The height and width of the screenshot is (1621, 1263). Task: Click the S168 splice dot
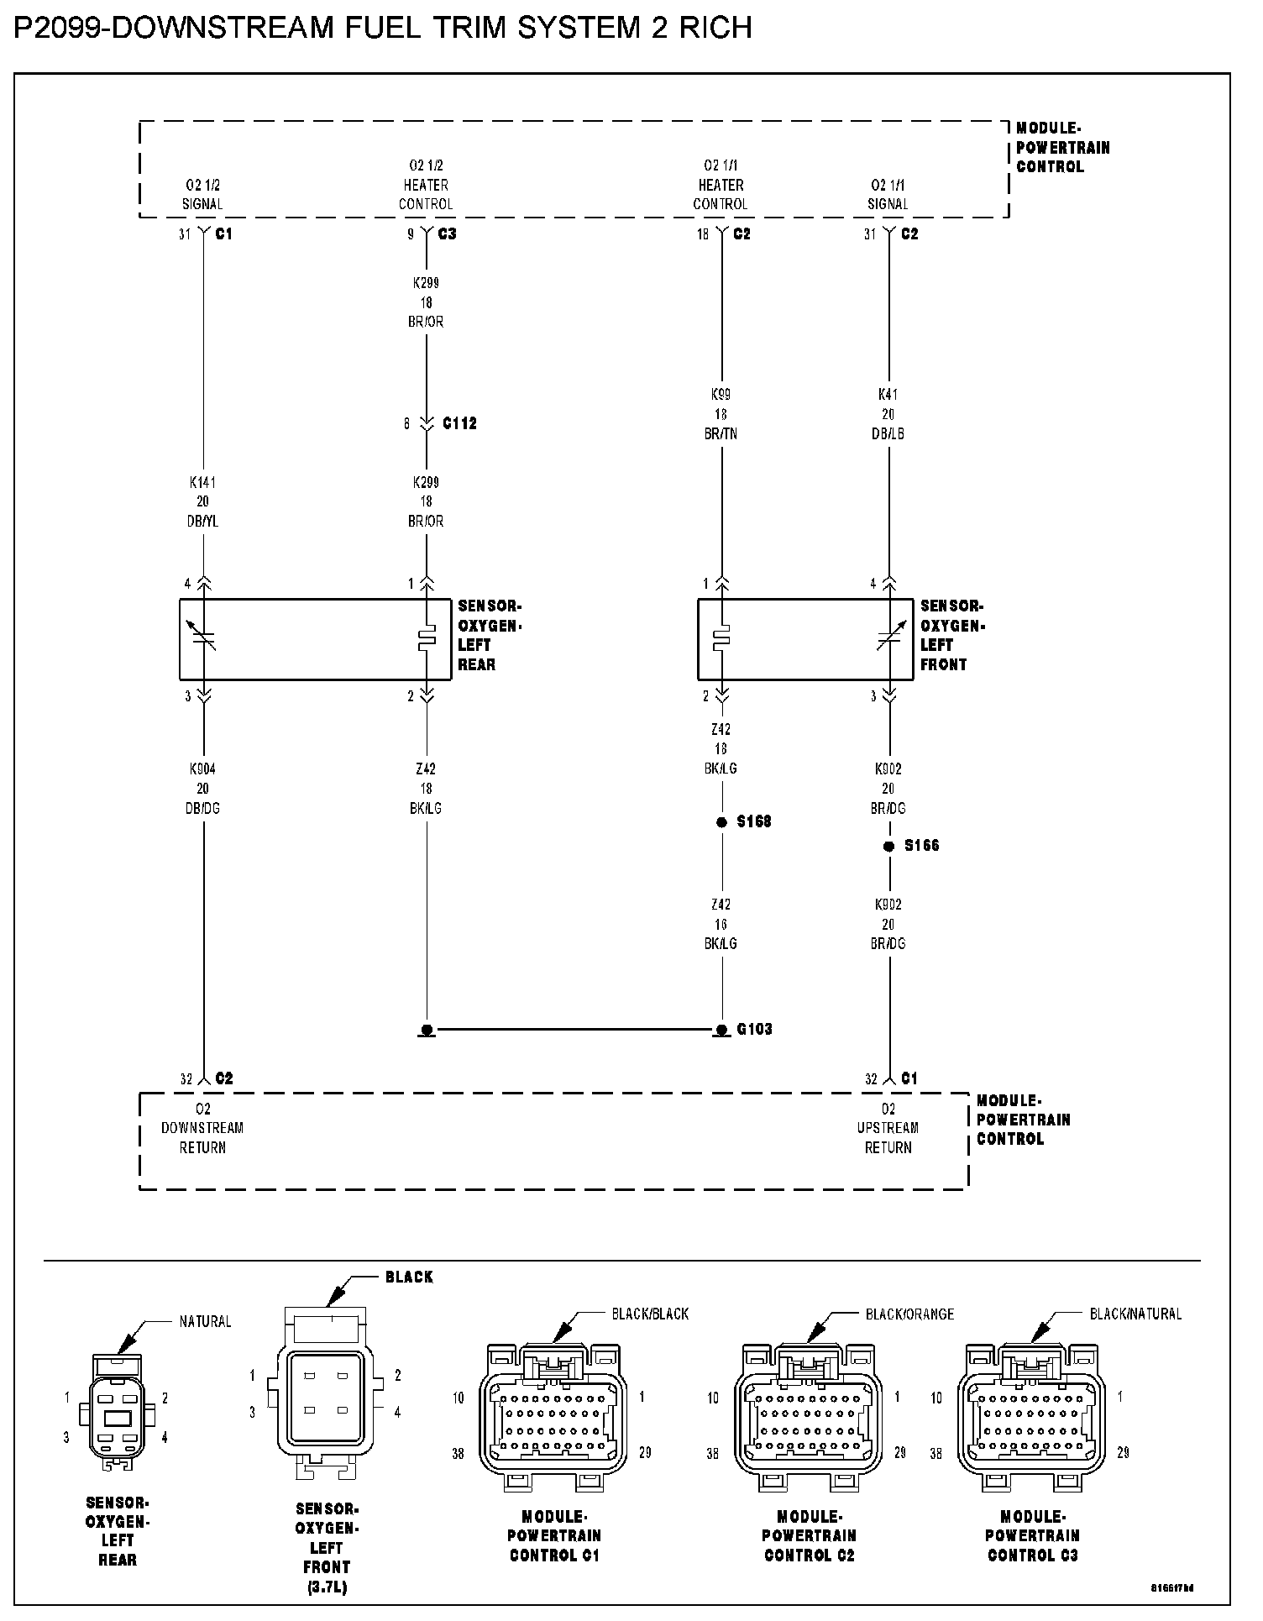(x=721, y=822)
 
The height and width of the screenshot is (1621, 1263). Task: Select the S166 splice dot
(x=888, y=847)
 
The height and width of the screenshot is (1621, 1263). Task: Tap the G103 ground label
(x=754, y=1029)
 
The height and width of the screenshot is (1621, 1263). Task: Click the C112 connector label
(x=459, y=423)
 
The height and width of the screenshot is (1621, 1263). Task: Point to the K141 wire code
(x=202, y=483)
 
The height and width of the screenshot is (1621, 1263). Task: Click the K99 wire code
(x=721, y=394)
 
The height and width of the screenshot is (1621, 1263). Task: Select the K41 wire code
(x=888, y=394)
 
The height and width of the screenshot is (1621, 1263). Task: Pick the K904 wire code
(x=202, y=769)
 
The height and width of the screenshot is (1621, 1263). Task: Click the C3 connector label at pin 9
(x=447, y=233)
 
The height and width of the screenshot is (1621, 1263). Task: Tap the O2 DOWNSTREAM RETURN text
(x=202, y=1128)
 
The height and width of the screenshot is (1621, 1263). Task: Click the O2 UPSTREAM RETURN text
(x=888, y=1128)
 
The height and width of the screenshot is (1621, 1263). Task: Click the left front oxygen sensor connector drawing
(x=325, y=1402)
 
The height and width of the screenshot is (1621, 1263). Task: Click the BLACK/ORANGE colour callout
(x=909, y=1314)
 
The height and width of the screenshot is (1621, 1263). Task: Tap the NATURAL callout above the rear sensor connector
(x=205, y=1322)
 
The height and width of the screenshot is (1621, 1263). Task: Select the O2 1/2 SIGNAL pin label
(x=202, y=194)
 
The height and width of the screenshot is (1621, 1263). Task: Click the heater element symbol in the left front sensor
(x=721, y=639)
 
